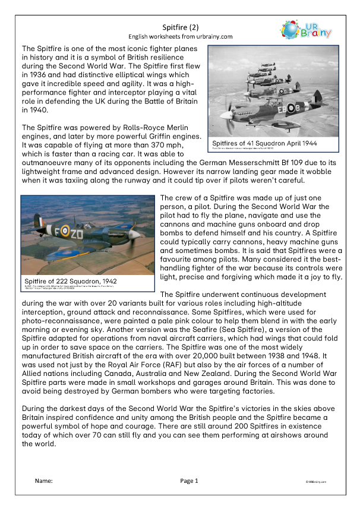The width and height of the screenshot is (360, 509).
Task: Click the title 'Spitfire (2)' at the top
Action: [181, 27]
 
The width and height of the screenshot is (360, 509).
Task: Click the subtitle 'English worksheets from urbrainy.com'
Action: [181, 36]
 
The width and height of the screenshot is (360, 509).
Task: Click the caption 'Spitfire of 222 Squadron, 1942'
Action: [70, 281]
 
